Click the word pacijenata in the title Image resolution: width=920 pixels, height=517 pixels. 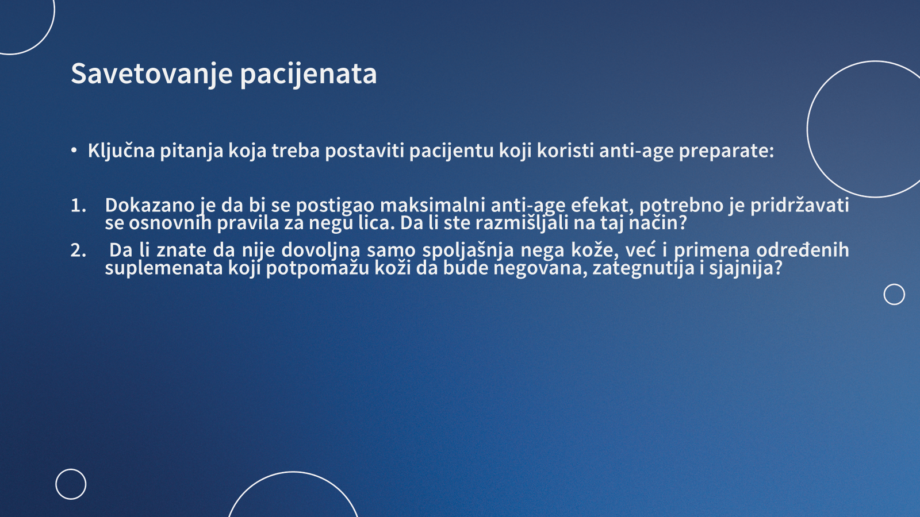click(308, 74)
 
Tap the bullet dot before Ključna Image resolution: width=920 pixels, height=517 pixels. click(74, 151)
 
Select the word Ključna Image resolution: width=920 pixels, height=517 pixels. click(121, 151)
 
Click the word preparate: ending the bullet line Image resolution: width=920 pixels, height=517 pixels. click(727, 152)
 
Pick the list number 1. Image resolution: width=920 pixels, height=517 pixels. click(78, 205)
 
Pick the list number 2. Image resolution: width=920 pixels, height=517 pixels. click(78, 250)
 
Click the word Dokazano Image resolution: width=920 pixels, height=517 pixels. click(149, 205)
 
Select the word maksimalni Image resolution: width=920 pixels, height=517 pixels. click(433, 205)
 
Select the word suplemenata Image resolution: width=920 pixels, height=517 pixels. click(164, 269)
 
